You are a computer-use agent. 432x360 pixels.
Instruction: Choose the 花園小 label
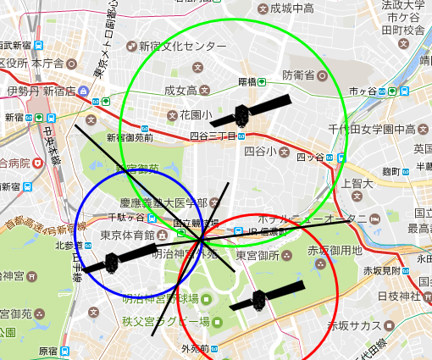coord(196,114)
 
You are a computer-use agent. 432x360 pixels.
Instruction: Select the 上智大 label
coord(357,182)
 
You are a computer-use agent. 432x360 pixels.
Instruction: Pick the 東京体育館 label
coord(126,235)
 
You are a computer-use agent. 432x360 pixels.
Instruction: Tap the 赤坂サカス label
coord(355,325)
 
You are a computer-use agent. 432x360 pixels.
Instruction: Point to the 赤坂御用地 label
coord(334,251)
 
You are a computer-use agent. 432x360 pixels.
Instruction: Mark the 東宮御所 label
coord(259,255)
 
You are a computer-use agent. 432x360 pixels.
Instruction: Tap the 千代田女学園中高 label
coord(372,129)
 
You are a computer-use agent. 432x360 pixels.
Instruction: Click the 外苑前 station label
coord(194,348)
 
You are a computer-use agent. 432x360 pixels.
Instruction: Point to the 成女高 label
coord(180,91)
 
